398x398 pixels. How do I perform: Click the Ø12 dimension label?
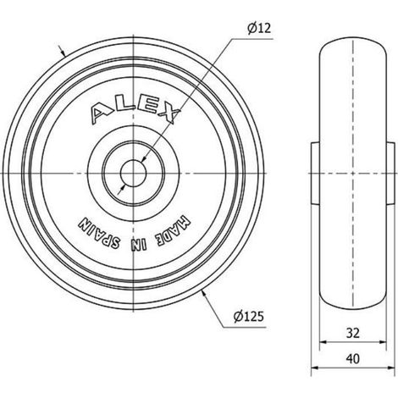[259, 28]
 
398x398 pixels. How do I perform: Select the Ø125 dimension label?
[248, 317]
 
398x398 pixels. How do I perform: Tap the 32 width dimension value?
[353, 334]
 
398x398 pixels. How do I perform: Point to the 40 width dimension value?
[353, 359]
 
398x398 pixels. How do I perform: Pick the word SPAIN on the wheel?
[99, 234]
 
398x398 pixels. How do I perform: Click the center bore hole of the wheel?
[133, 173]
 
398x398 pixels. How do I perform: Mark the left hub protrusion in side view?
[315, 173]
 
